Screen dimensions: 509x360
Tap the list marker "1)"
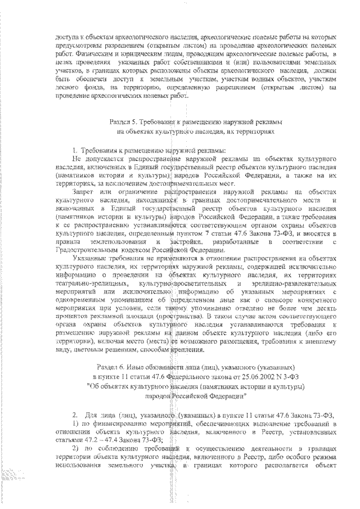[x=78, y=422]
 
